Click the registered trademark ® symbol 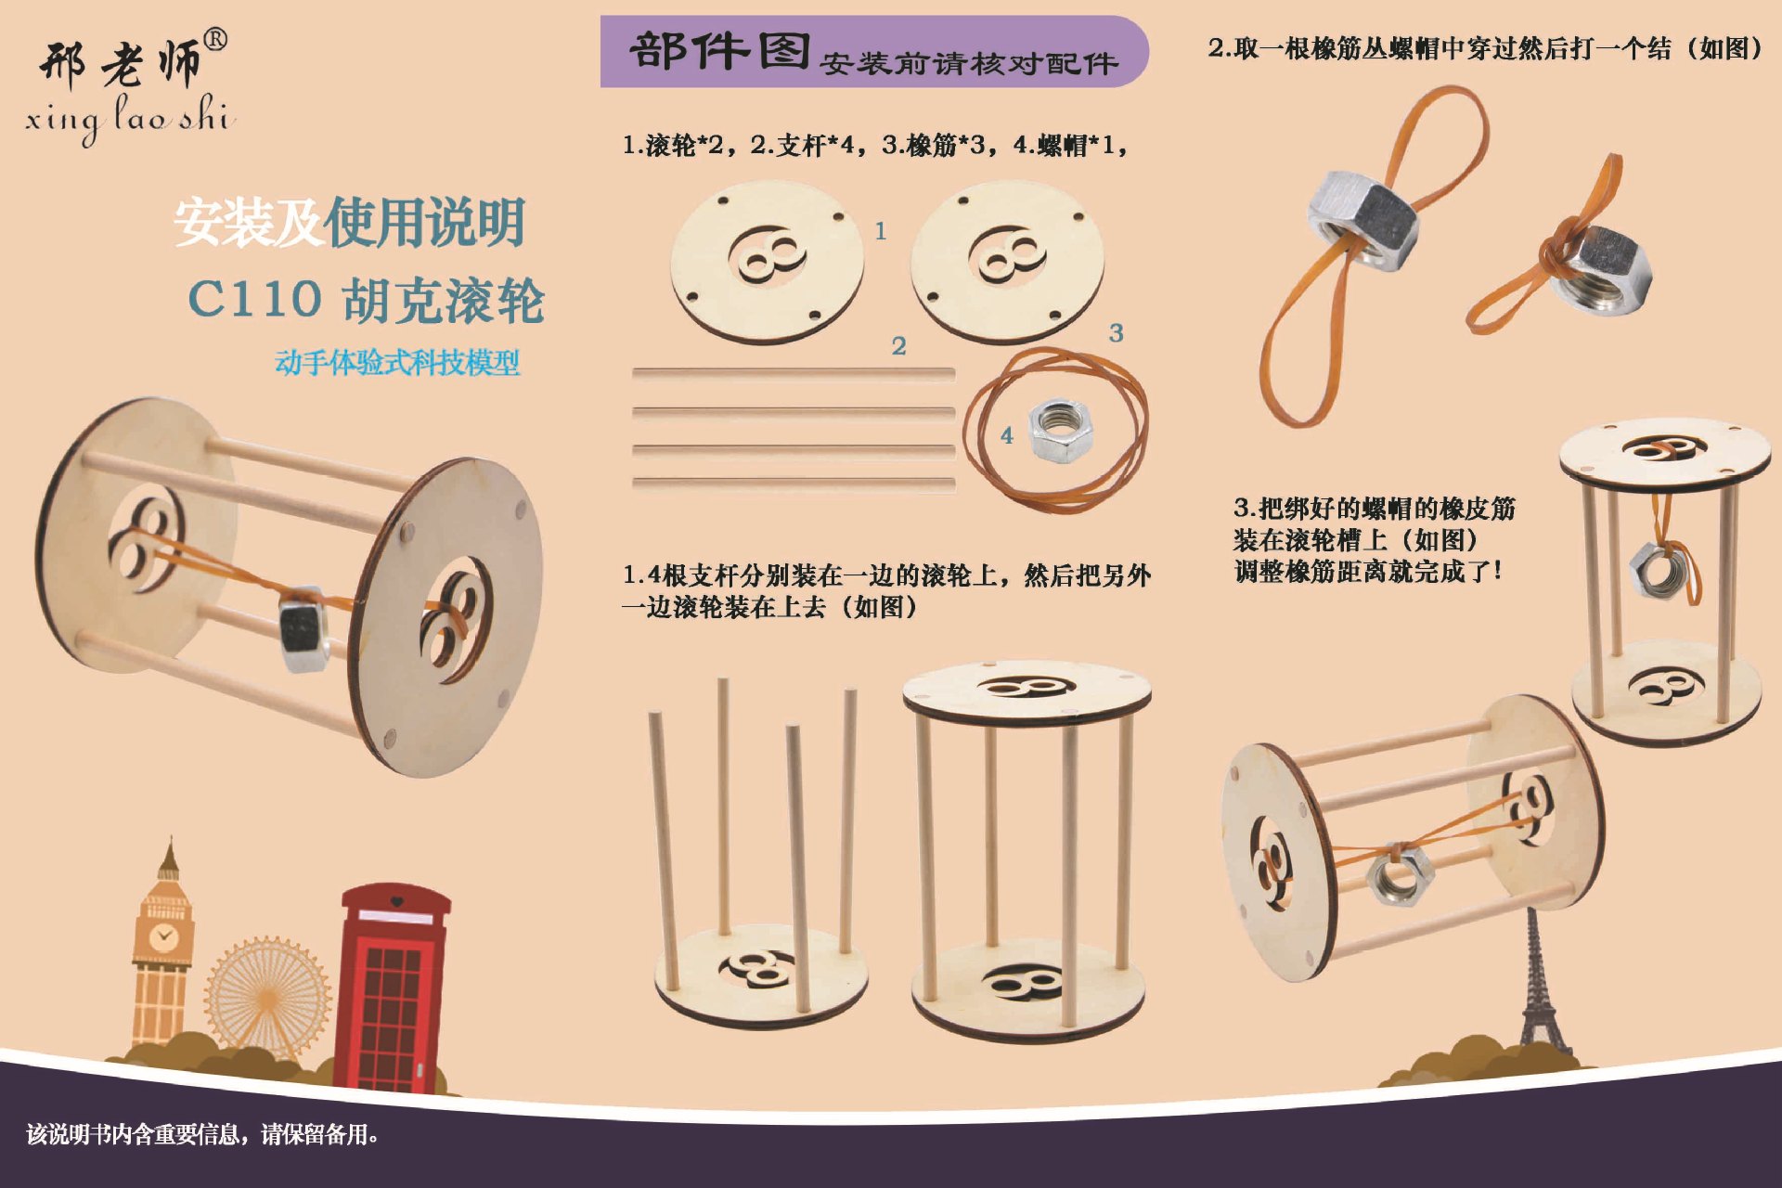(x=214, y=39)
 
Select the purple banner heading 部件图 (x=719, y=52)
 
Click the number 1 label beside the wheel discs (x=881, y=230)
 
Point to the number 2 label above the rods (x=898, y=346)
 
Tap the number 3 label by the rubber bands (x=1116, y=332)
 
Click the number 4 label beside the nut (x=1007, y=435)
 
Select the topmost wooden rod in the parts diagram (x=793, y=374)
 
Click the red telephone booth (x=394, y=988)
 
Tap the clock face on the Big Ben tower (x=164, y=936)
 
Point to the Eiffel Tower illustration (x=1538, y=993)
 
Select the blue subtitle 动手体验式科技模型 (x=397, y=362)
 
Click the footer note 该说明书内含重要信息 (x=202, y=1134)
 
